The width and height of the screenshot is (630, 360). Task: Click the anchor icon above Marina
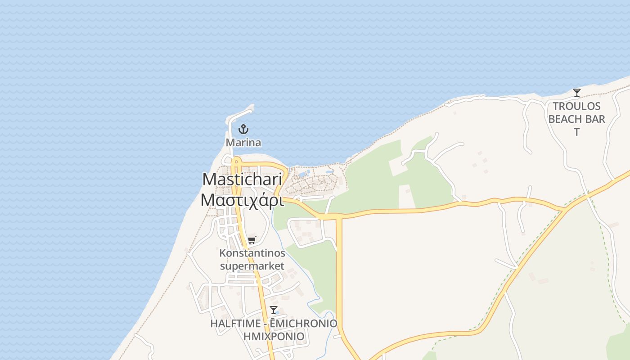(243, 129)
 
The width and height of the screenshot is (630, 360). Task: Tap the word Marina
(243, 143)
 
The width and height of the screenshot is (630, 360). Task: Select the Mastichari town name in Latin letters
(242, 179)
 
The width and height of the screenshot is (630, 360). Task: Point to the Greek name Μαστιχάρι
(242, 199)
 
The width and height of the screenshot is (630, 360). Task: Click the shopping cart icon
(252, 240)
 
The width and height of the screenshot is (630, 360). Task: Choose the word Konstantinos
(252, 253)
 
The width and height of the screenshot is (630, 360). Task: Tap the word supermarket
(252, 266)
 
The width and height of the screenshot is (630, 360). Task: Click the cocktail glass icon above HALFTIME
(273, 310)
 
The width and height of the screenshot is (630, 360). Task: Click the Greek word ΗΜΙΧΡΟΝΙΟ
(274, 336)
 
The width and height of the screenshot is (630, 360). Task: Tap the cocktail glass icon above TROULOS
(576, 93)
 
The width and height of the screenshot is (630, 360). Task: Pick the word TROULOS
(576, 106)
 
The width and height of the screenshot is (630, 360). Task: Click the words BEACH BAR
(576, 119)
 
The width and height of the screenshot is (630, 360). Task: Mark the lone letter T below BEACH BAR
(576, 132)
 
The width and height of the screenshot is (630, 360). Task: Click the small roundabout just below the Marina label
(235, 161)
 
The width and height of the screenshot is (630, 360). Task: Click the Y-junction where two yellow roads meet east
(565, 210)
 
